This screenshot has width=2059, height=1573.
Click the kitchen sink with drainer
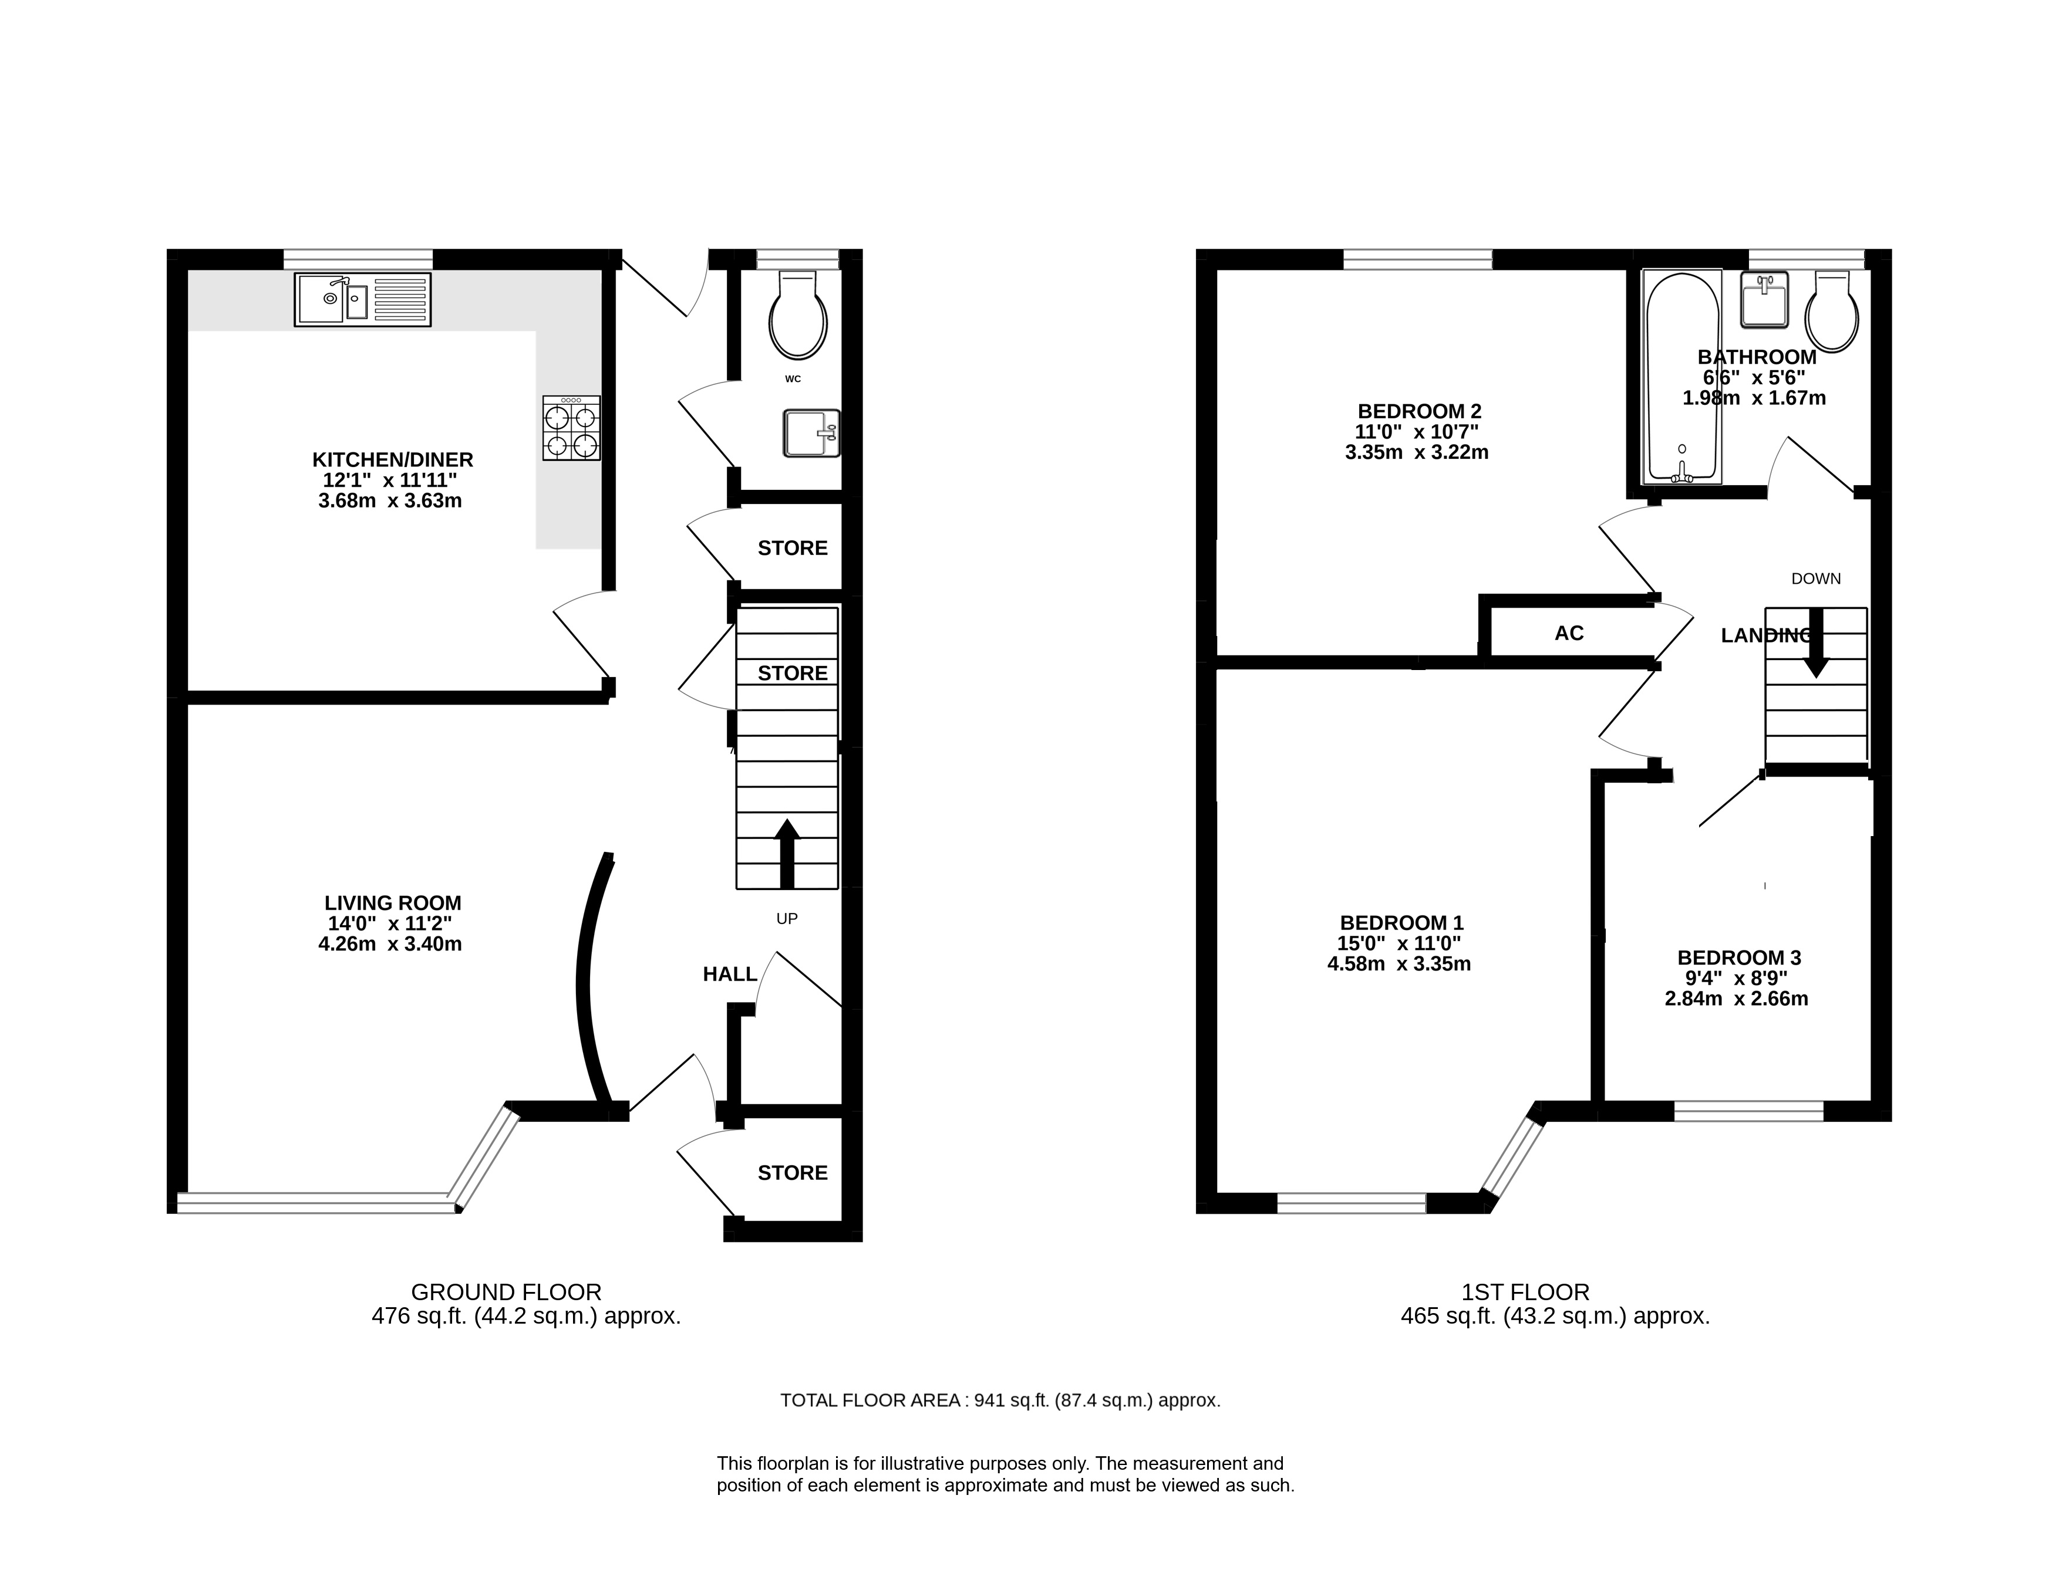(x=362, y=300)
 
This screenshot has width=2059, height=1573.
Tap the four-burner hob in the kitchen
(x=571, y=428)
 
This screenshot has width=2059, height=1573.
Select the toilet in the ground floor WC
(x=798, y=314)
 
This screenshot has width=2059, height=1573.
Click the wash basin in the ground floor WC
(x=812, y=432)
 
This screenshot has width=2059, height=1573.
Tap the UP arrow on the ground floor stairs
(x=787, y=853)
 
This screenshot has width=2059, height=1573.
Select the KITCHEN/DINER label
(x=393, y=460)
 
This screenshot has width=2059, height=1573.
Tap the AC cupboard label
(x=1569, y=634)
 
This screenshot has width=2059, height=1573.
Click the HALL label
(x=730, y=975)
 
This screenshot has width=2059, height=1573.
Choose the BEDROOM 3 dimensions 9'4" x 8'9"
(x=1738, y=979)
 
